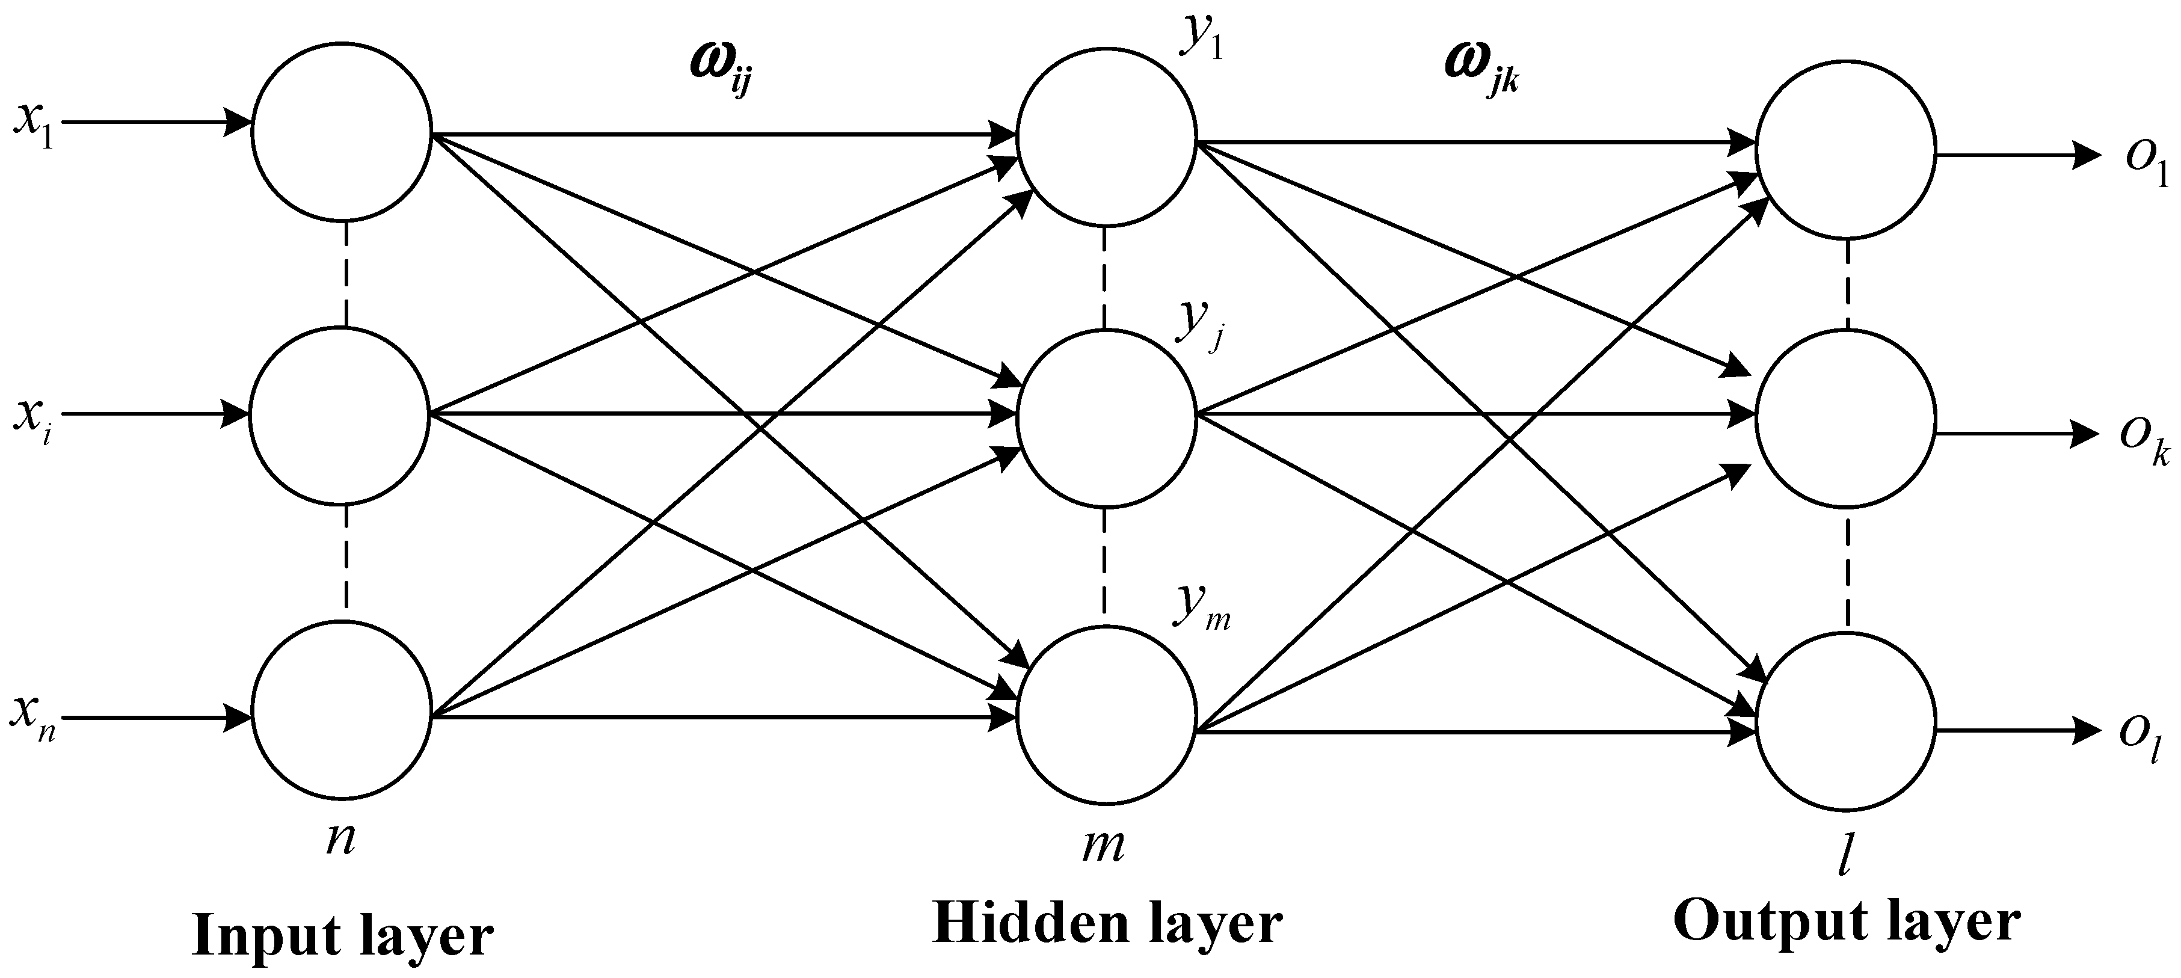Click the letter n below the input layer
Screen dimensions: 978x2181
pyautogui.click(x=340, y=841)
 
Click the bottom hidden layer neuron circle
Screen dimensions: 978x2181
pyautogui.click(x=1107, y=716)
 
